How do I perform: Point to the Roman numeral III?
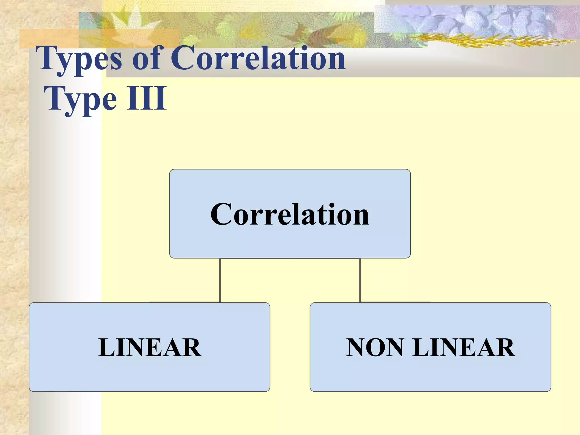[x=146, y=98]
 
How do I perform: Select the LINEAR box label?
[x=150, y=347]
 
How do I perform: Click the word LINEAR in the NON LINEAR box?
[x=463, y=347]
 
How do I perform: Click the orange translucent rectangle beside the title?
[x=48, y=38]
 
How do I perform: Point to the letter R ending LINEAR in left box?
[x=191, y=347]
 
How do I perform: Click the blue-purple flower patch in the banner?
[x=467, y=18]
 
